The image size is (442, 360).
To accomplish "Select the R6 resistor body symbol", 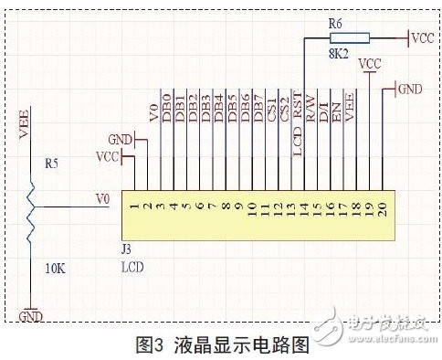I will pos(353,38).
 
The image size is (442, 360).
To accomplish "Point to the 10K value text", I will pos(54,270).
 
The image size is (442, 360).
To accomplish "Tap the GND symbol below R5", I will pos(30,316).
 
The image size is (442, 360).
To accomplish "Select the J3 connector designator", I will pos(127,247).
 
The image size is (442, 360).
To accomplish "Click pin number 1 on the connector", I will pos(132,207).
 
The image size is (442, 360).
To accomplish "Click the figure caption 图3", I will pos(149,345).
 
